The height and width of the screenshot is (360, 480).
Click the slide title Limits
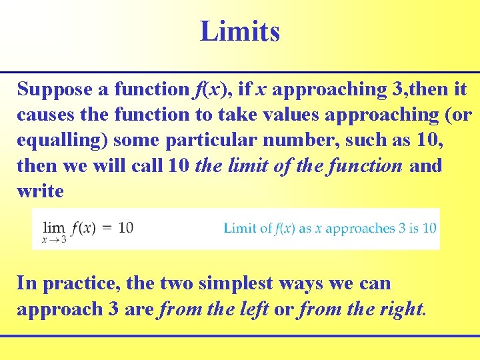(240, 31)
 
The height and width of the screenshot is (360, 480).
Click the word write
(40, 191)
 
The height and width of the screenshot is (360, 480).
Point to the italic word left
(256, 309)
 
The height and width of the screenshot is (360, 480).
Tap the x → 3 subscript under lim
(54, 240)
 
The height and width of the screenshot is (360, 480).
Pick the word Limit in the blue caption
(239, 228)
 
